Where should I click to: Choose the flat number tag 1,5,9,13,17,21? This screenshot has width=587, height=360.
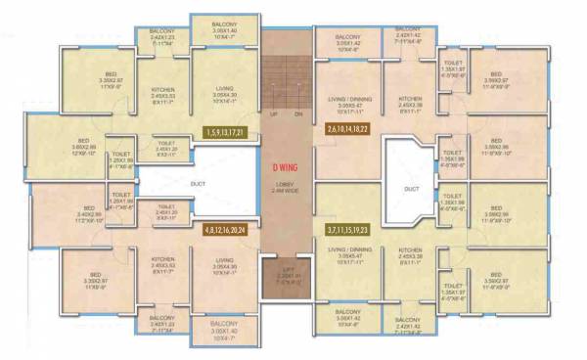point(225,131)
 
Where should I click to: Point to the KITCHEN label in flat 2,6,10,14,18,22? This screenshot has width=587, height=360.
point(409,100)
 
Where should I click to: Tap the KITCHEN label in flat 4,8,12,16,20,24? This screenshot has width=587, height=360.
point(162,259)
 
